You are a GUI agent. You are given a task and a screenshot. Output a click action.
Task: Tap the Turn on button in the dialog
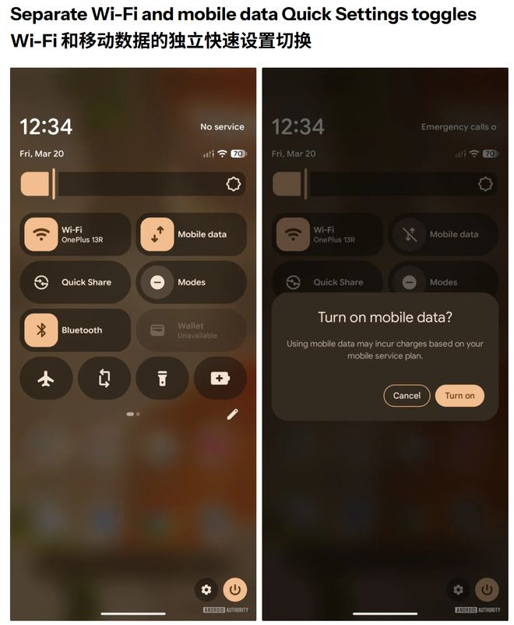[459, 396]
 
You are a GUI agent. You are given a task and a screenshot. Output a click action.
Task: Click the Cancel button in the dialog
[407, 396]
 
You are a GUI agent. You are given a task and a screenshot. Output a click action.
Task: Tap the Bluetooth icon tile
[41, 330]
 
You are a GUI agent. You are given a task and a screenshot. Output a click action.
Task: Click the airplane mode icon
[46, 378]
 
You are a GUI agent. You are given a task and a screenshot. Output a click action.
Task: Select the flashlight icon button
[162, 378]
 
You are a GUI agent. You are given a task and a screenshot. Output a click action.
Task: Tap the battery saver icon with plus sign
[220, 378]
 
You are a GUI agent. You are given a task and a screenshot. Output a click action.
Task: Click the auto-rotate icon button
[104, 378]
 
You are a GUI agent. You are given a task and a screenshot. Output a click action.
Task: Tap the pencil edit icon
[232, 415]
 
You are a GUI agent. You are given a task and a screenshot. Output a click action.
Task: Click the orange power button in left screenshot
[234, 589]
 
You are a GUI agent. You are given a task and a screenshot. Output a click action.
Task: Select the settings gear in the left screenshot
[206, 589]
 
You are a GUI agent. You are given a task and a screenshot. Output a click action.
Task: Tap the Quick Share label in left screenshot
[86, 282]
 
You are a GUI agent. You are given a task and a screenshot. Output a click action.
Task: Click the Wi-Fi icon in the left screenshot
[41, 234]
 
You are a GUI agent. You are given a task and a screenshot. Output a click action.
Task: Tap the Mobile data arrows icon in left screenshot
[157, 234]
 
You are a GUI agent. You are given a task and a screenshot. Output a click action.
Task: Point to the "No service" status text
[222, 127]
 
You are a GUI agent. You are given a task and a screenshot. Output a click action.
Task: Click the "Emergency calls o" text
[459, 127]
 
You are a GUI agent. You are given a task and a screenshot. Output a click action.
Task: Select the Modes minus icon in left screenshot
[157, 282]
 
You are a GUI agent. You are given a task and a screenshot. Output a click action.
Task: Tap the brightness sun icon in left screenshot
[234, 184]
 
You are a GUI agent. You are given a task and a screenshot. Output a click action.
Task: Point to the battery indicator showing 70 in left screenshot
[238, 154]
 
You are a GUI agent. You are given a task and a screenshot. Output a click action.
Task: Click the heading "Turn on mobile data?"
[385, 317]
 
